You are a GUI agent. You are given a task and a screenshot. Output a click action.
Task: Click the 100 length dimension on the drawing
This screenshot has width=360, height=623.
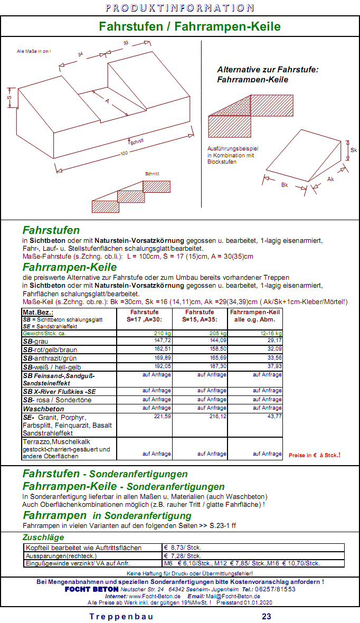(124, 154)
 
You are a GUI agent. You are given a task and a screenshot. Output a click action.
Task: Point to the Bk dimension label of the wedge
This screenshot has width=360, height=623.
(284, 185)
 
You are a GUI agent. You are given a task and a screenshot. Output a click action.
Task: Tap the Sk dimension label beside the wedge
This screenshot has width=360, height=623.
(353, 150)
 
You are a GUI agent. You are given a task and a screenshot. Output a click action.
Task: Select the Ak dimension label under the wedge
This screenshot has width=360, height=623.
(330, 180)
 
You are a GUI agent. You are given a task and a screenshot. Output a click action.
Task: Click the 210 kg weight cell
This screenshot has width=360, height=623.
(163, 333)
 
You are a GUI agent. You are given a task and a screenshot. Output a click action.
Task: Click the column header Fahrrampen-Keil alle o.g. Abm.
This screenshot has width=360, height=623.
(255, 315)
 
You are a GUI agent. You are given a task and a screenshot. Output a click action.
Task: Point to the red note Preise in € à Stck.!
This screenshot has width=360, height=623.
(314, 455)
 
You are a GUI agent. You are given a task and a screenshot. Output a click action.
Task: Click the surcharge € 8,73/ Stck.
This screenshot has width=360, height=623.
(183, 548)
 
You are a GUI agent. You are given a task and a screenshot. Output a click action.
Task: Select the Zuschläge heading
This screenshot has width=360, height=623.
(43, 537)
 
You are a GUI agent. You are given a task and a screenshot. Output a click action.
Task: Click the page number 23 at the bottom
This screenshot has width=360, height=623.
(267, 616)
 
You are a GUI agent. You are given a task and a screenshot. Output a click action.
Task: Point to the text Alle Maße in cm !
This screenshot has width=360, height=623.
(34, 51)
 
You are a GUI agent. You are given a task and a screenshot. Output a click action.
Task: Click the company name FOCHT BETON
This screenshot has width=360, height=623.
(91, 589)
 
